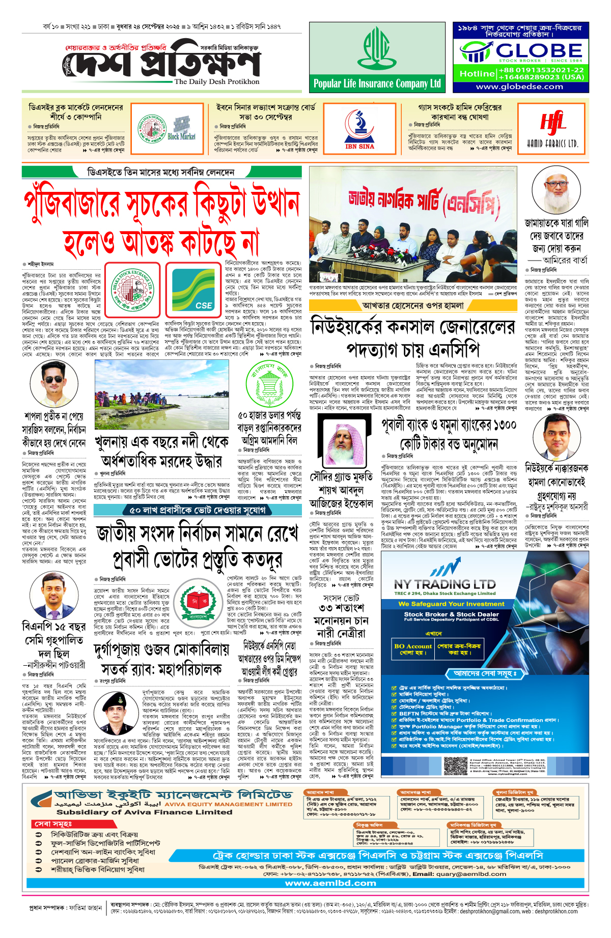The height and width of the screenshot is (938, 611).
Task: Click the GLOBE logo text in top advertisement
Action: [539, 50]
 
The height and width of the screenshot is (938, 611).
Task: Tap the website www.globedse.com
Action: [519, 87]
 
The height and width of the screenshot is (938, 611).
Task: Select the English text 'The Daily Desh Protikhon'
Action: [216, 81]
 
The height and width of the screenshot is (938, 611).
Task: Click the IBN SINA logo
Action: [359, 129]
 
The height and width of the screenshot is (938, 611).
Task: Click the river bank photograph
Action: [162, 394]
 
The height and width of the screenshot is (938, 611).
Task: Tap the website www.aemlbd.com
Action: [331, 883]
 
